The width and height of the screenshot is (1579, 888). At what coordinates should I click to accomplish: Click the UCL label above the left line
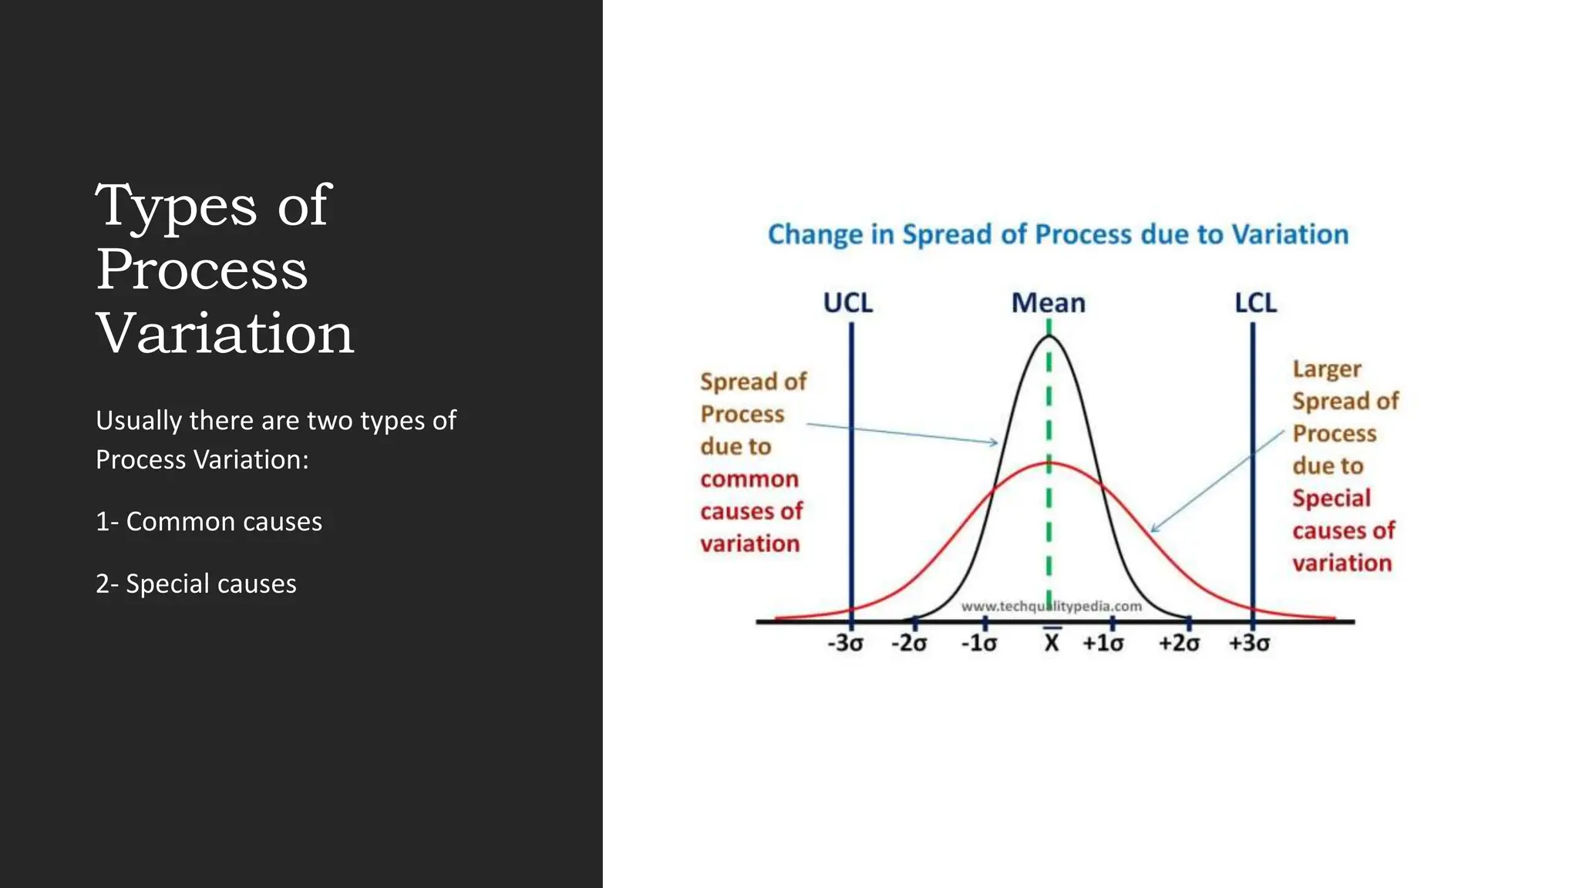click(x=847, y=303)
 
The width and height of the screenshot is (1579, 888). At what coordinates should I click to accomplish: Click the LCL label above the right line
click(x=1255, y=302)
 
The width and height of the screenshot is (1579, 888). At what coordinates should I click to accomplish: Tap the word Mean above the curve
click(x=1048, y=303)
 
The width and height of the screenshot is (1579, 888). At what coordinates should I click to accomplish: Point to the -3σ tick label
click(x=845, y=643)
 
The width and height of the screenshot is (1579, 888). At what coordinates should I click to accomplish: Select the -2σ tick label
click(x=909, y=643)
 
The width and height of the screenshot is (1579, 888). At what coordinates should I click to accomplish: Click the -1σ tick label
click(x=978, y=643)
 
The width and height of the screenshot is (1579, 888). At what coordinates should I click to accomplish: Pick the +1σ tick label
click(x=1103, y=643)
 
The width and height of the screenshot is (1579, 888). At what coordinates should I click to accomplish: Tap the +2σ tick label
click(x=1179, y=643)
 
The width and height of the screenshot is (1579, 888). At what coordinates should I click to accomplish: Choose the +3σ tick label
click(x=1248, y=643)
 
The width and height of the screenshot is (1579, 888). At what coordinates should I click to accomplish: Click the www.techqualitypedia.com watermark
click(x=1051, y=607)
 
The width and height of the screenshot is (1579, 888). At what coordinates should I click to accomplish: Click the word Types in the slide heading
click(x=176, y=207)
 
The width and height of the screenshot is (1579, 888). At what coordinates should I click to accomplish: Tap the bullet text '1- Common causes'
click(x=209, y=522)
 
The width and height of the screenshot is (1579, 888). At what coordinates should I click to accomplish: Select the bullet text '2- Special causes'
click(x=196, y=584)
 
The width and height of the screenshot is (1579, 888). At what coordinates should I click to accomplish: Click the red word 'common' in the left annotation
click(x=749, y=479)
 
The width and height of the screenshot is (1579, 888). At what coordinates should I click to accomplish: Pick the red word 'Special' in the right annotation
click(x=1332, y=498)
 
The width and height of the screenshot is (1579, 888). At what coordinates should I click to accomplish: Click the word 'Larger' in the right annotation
click(x=1327, y=369)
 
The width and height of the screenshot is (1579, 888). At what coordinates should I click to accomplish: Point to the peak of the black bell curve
click(x=1049, y=338)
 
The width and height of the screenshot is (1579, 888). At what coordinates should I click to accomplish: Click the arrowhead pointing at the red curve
click(x=1154, y=529)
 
